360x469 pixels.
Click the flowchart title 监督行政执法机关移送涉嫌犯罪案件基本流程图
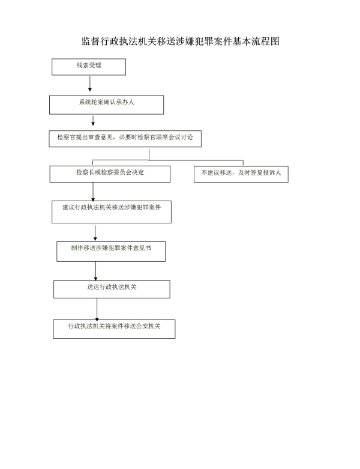(181, 41)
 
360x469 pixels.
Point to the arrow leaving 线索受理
(89, 83)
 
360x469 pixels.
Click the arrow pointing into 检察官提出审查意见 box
(93, 121)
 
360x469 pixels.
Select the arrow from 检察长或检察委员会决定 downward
(93, 192)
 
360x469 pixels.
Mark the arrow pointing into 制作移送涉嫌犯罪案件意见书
(95, 233)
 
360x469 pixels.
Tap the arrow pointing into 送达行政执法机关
(95, 271)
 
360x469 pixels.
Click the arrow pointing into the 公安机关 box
(97, 310)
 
